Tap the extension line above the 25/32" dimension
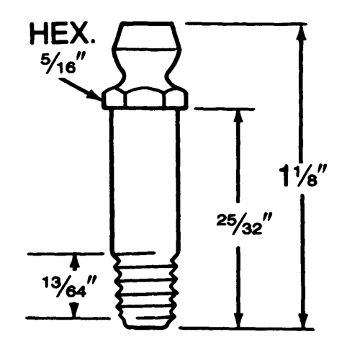coord(223,109)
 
